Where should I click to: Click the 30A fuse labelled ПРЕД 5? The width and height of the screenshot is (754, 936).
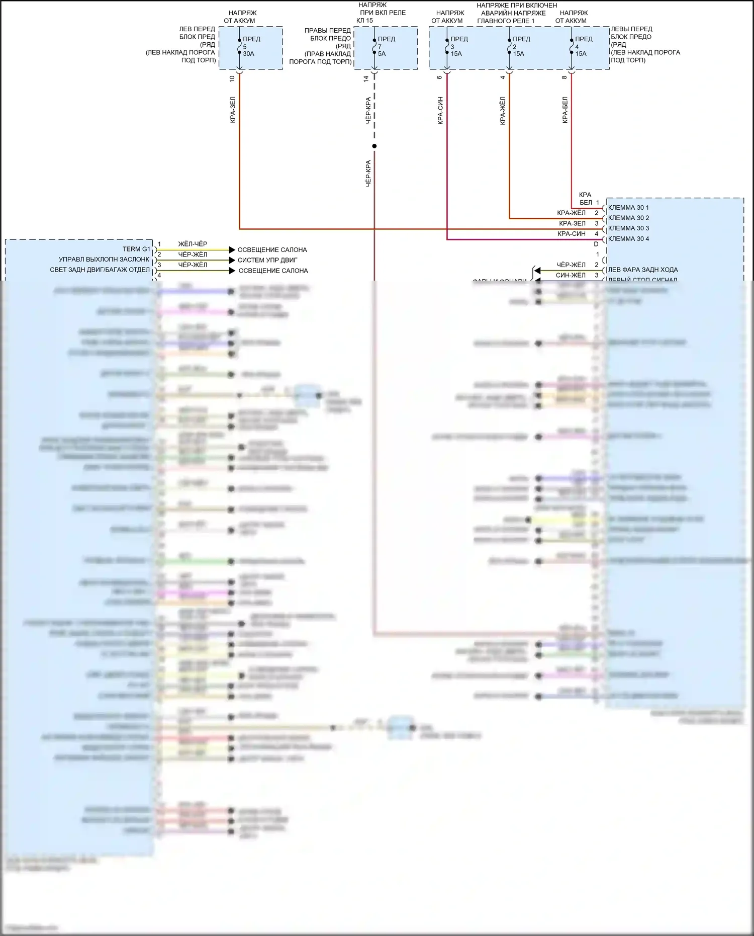240,46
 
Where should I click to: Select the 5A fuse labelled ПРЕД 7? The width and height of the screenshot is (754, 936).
374,46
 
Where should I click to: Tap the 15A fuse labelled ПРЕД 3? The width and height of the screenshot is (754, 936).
447,46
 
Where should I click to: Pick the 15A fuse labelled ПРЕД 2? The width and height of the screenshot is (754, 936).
509,46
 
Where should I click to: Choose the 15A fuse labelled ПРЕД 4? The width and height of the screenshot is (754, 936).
572,46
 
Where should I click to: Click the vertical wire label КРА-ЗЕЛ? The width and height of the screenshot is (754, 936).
233,110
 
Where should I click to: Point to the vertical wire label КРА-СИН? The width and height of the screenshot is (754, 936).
440,111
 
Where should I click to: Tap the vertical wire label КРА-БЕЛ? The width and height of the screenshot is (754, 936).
565,110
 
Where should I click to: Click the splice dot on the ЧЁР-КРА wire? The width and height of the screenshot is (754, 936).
374,146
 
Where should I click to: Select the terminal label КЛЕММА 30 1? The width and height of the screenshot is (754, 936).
628,208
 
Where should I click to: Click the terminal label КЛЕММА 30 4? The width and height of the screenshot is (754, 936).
628,239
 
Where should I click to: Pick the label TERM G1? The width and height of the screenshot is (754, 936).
136,249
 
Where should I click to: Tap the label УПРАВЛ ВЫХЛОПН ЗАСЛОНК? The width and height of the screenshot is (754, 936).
104,260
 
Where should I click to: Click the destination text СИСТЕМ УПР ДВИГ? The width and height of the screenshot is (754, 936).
267,260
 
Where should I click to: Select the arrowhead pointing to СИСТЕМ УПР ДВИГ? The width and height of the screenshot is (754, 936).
232,260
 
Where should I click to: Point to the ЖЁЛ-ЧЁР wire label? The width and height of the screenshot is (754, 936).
193,244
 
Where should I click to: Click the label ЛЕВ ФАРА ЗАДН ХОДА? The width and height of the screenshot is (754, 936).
643,270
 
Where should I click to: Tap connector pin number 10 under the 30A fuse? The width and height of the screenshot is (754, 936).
232,78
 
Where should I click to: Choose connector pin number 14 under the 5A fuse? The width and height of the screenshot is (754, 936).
366,78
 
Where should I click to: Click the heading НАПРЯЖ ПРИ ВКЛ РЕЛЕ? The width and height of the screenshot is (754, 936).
383,13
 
